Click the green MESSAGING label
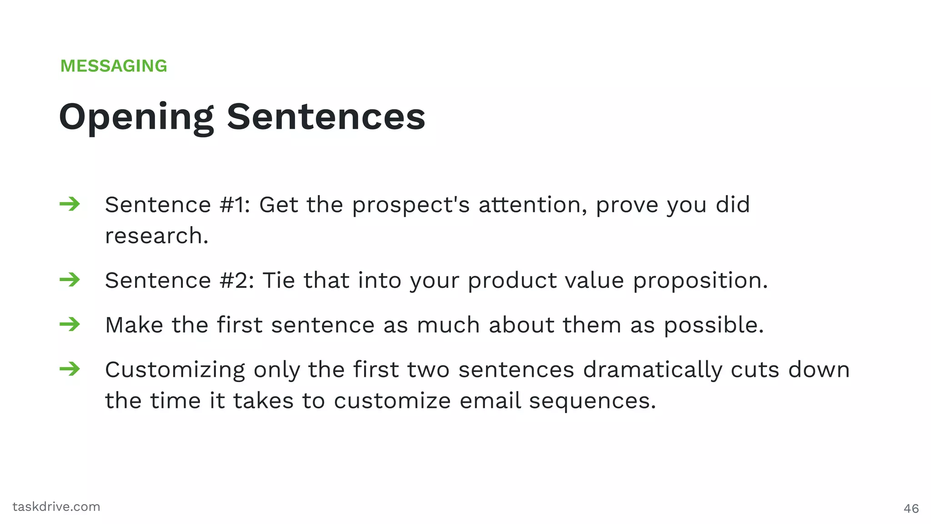[114, 66]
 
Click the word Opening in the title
[136, 117]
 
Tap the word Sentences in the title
[326, 117]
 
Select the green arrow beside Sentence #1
[70, 204]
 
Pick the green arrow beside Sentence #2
[70, 280]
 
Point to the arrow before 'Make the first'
[70, 324]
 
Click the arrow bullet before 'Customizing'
[70, 369]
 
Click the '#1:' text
[235, 205]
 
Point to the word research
[156, 236]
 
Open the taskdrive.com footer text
[56, 507]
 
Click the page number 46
[911, 509]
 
